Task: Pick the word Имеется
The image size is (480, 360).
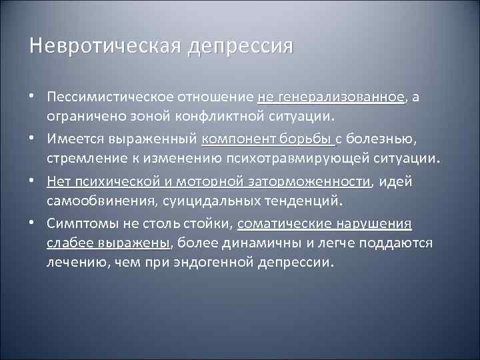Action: click(69, 139)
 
